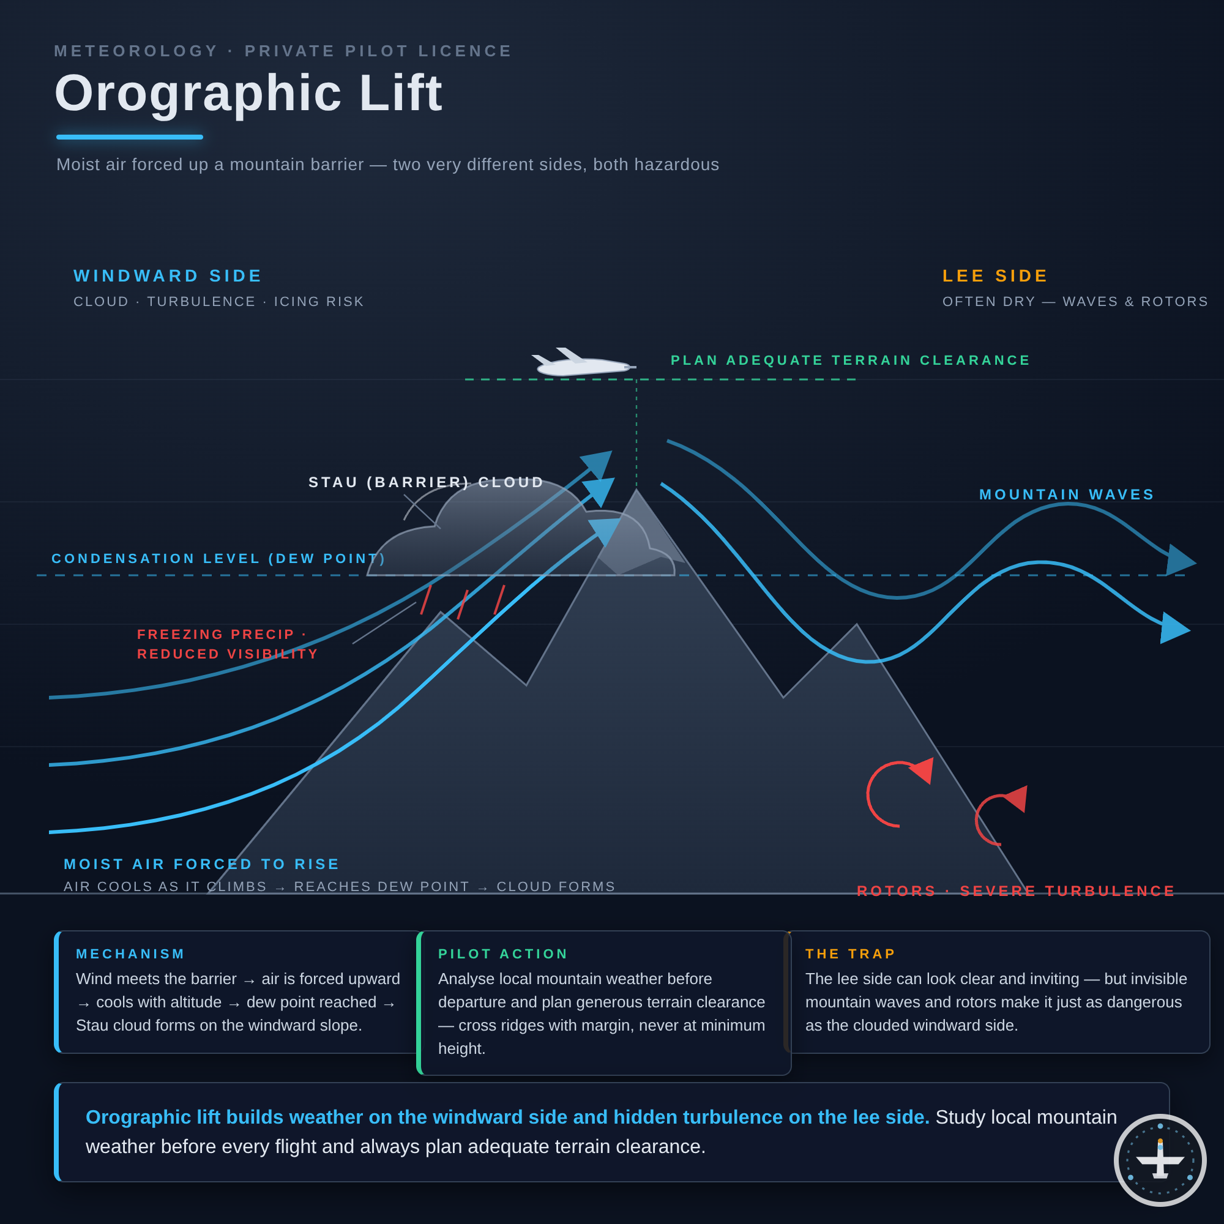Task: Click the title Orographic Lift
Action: [x=248, y=93]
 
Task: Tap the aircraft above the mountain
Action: [x=583, y=363]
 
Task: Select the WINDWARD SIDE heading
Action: [x=168, y=276]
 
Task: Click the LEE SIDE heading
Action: [x=995, y=276]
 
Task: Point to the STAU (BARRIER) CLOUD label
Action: [x=427, y=482]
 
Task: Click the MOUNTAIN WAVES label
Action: [x=1067, y=494]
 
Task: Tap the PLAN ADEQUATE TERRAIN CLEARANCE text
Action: [x=850, y=360]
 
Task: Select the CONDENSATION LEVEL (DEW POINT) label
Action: [x=218, y=559]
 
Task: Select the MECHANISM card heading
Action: [x=130, y=954]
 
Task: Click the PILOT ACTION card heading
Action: [x=503, y=954]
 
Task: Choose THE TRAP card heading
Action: [x=850, y=954]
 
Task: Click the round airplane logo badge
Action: [x=1160, y=1160]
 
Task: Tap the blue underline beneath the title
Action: [x=130, y=137]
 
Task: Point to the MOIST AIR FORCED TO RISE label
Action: [x=201, y=864]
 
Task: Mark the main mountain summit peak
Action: [x=636, y=490]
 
